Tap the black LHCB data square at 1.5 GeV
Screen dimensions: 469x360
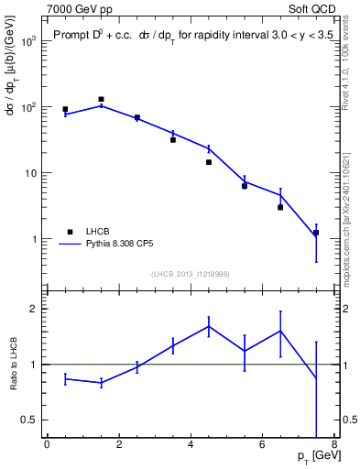coord(101,99)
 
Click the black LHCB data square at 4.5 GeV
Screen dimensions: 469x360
coord(209,162)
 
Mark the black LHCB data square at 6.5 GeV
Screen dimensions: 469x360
coord(280,207)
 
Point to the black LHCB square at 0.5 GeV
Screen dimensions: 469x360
coord(65,109)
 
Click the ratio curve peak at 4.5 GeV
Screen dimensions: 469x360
coord(209,326)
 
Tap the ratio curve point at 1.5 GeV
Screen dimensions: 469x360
coord(101,383)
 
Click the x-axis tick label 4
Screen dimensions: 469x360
coord(190,444)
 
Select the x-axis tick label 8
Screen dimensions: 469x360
coord(333,444)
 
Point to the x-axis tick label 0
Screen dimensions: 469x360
coord(47,444)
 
